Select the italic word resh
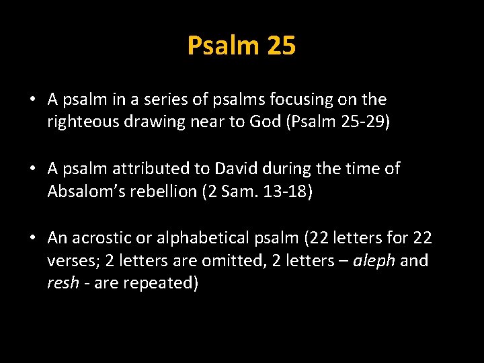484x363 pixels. pos(62,283)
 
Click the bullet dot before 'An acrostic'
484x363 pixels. pos(32,238)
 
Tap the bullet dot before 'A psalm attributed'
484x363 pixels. pos(32,169)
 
